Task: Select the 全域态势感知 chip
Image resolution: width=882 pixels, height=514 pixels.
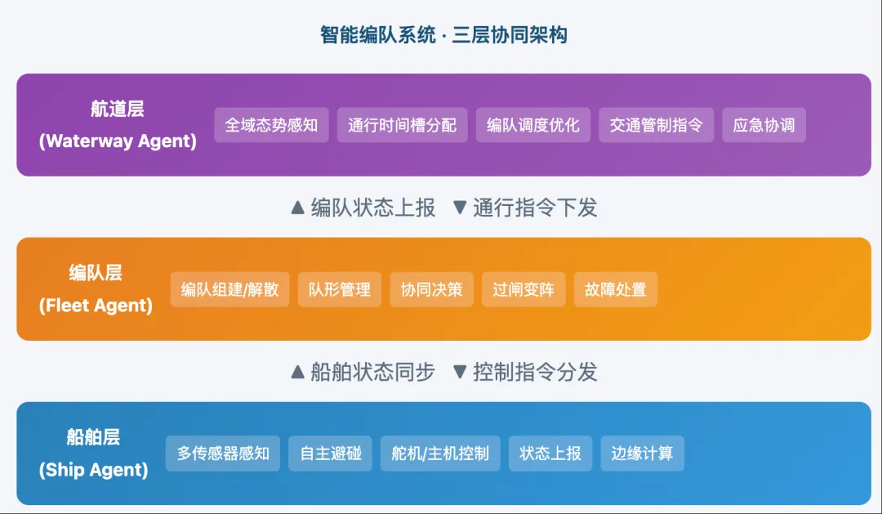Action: [x=271, y=125]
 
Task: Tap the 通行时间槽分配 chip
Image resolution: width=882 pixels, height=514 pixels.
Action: [x=402, y=125]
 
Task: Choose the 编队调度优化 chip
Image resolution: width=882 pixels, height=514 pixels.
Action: [x=532, y=125]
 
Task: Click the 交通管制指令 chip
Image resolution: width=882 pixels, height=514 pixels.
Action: [x=656, y=125]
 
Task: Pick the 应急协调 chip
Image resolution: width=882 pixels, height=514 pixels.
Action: [x=764, y=125]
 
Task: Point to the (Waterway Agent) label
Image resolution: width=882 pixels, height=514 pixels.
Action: [x=118, y=141]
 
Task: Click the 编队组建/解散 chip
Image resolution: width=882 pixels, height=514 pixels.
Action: [x=229, y=289]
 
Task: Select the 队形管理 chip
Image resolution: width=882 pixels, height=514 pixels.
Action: [x=339, y=289]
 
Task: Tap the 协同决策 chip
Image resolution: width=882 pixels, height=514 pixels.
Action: [x=431, y=289]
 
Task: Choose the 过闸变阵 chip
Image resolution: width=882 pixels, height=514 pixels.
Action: [x=523, y=289]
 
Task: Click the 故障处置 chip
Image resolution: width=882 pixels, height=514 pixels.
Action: [x=615, y=289]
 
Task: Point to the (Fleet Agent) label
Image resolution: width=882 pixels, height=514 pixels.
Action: [x=96, y=306]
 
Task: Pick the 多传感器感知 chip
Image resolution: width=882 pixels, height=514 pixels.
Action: [x=223, y=453]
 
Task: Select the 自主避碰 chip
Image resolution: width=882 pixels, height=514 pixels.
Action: [x=330, y=453]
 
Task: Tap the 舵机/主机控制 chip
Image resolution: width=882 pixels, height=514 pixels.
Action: [x=440, y=453]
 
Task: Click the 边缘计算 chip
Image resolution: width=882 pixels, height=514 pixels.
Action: [x=642, y=453]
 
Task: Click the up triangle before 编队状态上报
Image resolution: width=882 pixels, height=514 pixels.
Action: [x=298, y=208]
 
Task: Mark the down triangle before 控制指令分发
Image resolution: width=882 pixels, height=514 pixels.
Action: [x=461, y=372]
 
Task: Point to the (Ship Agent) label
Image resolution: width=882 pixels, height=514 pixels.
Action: [x=93, y=470]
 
